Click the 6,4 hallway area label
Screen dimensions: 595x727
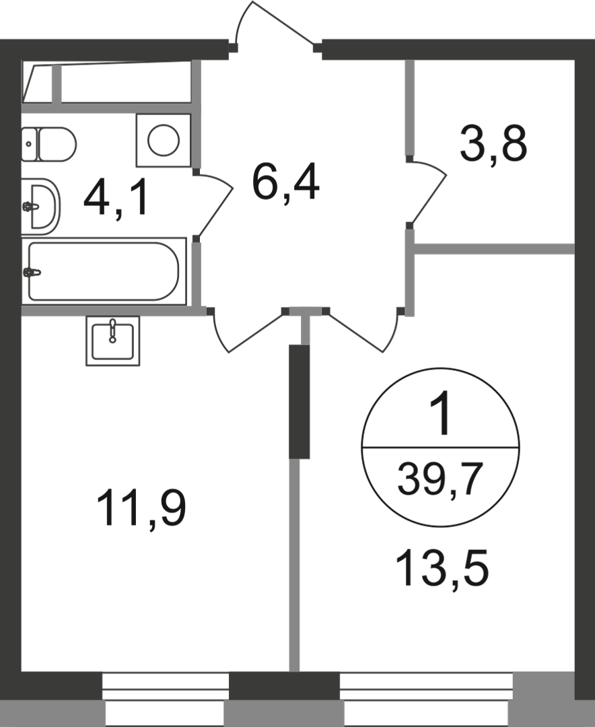[285, 184]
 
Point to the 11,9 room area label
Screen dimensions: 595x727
[141, 509]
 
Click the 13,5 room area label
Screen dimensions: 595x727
[443, 567]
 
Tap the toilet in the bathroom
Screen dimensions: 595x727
[48, 144]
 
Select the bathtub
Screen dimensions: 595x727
[104, 271]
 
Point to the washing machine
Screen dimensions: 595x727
[164, 141]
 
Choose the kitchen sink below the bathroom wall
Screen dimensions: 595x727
[112, 341]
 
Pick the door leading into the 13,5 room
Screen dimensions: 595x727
[361, 329]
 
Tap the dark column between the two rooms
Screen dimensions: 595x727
[299, 401]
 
